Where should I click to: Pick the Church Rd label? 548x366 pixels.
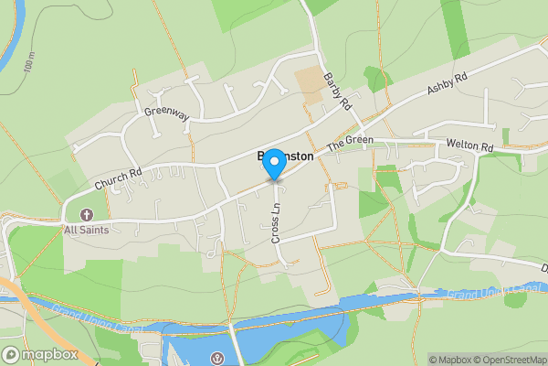(117, 178)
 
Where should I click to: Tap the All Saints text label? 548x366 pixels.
(87, 230)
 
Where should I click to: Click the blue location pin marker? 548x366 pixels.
(272, 162)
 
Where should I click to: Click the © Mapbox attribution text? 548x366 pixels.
(450, 360)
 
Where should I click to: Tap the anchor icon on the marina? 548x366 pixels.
(217, 357)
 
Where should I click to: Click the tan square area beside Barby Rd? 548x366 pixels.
(310, 84)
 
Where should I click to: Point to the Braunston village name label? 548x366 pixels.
(282, 156)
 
